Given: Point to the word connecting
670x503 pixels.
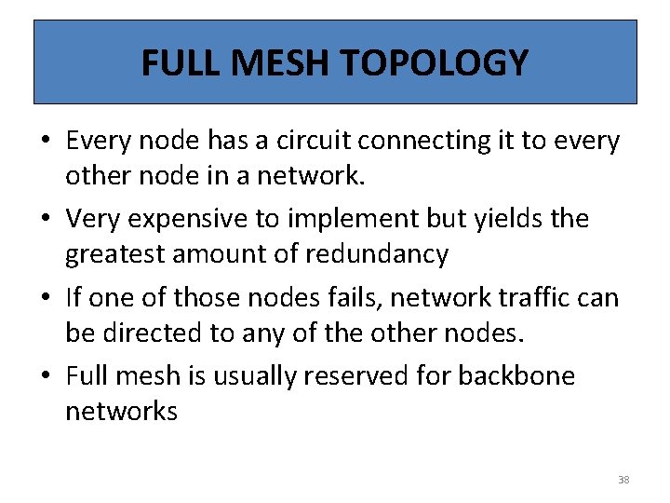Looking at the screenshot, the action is [426, 141].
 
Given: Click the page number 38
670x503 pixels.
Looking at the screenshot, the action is [623, 480].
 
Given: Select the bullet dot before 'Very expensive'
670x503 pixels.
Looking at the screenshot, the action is [46, 220].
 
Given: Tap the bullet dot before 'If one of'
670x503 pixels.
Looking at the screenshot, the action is [46, 298].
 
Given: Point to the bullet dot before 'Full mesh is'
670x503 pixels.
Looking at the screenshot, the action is [46, 376].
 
